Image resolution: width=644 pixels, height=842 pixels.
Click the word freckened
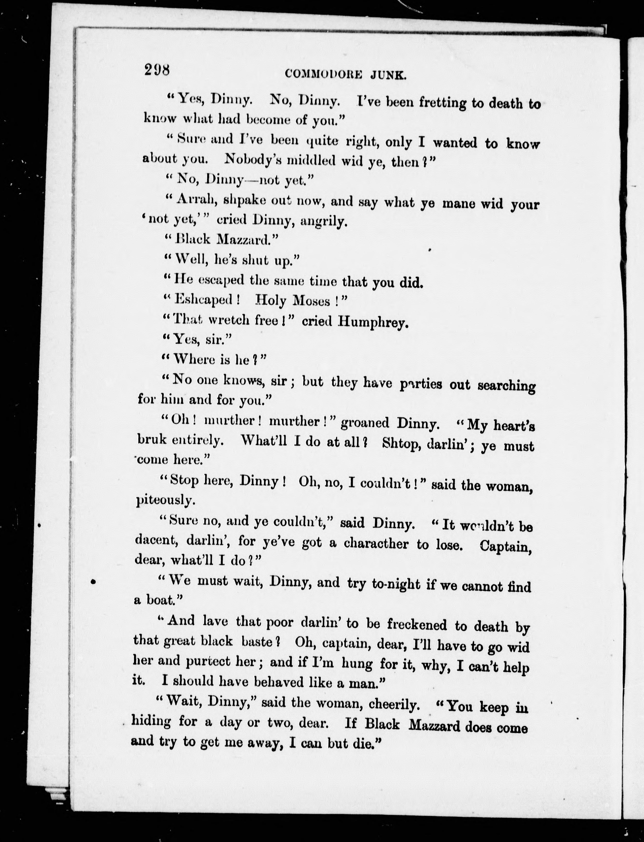click(417, 625)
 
